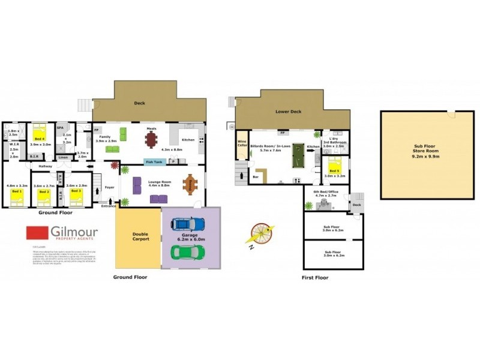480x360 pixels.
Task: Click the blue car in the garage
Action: pos(184,225)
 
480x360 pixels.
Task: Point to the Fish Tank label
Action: pos(153,161)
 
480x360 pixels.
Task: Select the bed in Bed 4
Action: pos(40,132)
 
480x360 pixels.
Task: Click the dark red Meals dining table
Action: pos(151,139)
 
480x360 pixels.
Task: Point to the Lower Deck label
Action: pos(288,112)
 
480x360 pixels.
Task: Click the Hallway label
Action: pos(46,166)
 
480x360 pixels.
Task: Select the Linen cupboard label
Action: pos(63,157)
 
